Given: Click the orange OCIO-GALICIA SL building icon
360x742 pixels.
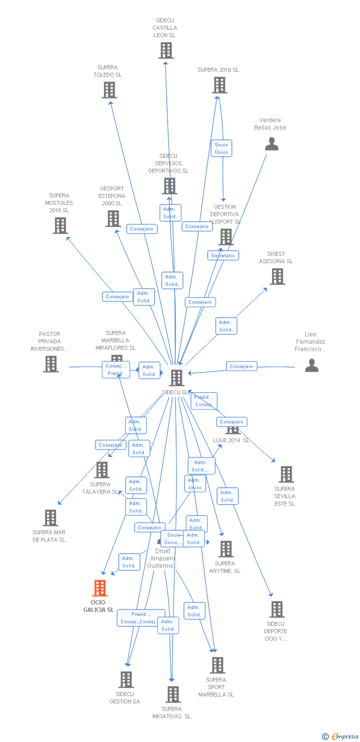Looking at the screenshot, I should click(100, 588).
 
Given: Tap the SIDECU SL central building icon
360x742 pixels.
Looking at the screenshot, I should click(177, 378).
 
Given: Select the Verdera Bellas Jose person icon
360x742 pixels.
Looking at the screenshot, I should click(271, 144).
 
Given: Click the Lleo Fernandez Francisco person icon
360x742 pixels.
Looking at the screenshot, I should click(312, 366).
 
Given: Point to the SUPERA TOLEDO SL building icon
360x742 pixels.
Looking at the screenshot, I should click(109, 90).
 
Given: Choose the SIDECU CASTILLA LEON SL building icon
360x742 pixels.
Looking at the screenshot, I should click(166, 50).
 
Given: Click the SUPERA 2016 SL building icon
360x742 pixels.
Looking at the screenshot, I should click(220, 85).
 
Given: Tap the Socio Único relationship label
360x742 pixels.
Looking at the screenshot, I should click(221, 148).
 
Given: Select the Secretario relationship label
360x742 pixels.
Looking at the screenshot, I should click(223, 256).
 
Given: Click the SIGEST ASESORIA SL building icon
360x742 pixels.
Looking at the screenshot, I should click(277, 277).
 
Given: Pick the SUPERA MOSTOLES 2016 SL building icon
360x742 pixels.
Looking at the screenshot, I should click(60, 226).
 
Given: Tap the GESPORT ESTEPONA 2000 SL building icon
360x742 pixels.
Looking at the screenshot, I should click(113, 219).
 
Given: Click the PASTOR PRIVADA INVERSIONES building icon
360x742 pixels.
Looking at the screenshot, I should click(51, 364).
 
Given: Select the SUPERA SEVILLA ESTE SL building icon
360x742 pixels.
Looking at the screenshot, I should click(286, 474).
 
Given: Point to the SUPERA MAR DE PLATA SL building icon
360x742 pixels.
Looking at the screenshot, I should click(50, 518).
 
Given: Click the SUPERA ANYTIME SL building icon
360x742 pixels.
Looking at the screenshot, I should click(226, 549).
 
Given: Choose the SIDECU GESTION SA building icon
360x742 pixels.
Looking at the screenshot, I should click(126, 680).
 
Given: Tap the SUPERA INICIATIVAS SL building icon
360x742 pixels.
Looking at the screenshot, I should click(173, 695).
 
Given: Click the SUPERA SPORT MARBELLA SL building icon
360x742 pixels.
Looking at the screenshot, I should click(218, 665).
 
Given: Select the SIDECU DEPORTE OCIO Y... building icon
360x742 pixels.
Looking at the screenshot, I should click(277, 609).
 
